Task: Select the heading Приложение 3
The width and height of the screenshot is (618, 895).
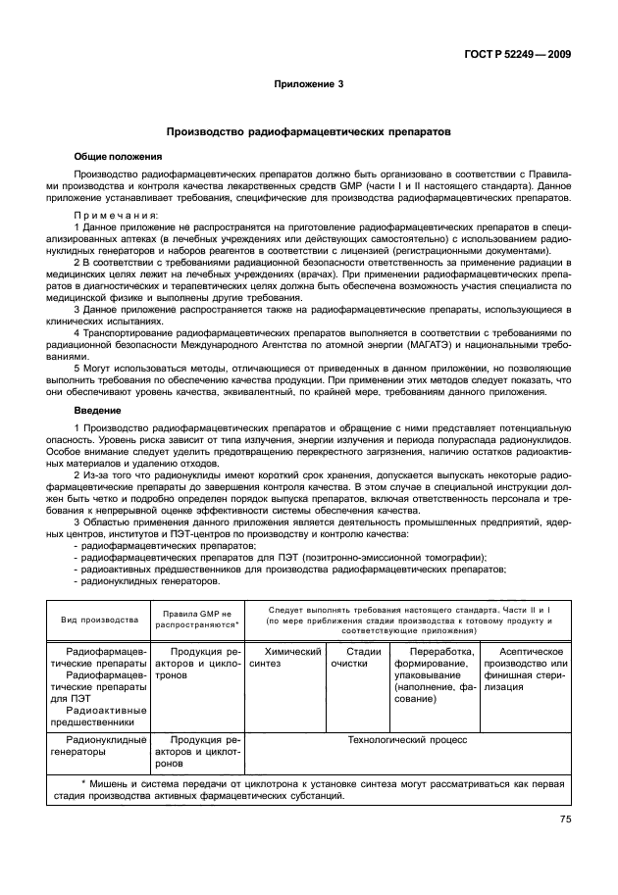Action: click(x=308, y=83)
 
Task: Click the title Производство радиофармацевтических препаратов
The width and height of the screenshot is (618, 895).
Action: click(x=309, y=130)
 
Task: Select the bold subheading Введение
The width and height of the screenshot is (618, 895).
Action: click(x=97, y=412)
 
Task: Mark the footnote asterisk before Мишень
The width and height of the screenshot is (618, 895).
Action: click(x=84, y=782)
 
